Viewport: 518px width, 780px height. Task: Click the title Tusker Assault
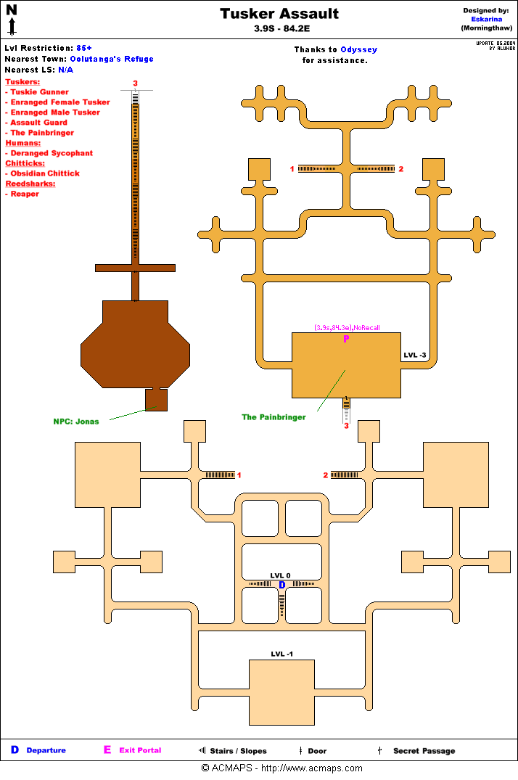(279, 14)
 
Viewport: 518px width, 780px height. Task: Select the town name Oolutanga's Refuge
(112, 59)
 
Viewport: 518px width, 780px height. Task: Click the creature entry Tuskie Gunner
(39, 92)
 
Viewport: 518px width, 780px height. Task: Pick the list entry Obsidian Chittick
(45, 173)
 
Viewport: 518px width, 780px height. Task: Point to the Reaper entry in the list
(25, 194)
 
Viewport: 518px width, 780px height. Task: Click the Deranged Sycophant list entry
(52, 153)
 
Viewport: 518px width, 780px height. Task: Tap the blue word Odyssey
(358, 50)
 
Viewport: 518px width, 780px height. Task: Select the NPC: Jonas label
(76, 422)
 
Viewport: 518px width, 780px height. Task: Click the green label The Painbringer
(274, 417)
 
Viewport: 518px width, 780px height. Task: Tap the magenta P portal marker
(346, 339)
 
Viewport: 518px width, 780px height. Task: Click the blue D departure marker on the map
(282, 585)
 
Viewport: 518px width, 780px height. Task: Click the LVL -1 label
(281, 654)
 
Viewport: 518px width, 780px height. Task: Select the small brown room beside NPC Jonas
(156, 399)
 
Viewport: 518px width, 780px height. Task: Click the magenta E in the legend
(107, 750)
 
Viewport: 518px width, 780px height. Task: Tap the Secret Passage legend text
(424, 751)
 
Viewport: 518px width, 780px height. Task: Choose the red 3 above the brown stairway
(135, 83)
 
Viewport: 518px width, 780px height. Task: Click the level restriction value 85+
(84, 48)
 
